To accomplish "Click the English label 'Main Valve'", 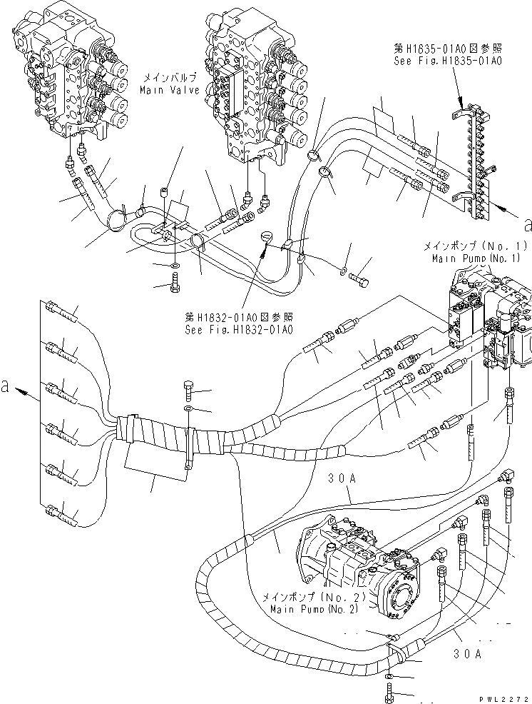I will pyautogui.click(x=168, y=90).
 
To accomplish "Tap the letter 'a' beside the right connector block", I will pyautogui.click(x=527, y=225).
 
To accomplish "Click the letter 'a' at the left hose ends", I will pyautogui.click(x=6, y=386).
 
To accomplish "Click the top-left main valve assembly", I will pyautogui.click(x=68, y=79).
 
